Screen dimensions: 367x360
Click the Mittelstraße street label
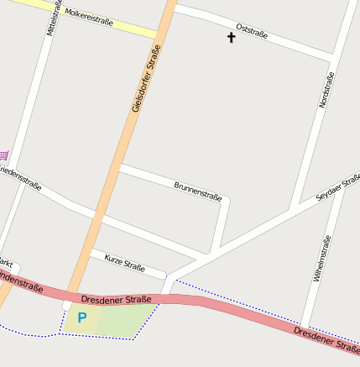pyautogui.click(x=53, y=18)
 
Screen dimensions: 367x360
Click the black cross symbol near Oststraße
pyautogui.click(x=232, y=38)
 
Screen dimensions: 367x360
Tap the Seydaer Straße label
pyautogui.click(x=338, y=187)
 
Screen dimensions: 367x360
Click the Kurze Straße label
pyautogui.click(x=125, y=264)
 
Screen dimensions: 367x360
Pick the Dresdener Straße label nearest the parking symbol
pyautogui.click(x=117, y=299)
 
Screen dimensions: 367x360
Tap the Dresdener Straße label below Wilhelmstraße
pyautogui.click(x=326, y=338)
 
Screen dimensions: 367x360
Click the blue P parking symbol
pyautogui.click(x=82, y=317)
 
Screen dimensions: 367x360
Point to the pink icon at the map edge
pyautogui.click(x=3, y=155)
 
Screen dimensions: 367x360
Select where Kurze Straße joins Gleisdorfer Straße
pyautogui.click(x=90, y=252)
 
